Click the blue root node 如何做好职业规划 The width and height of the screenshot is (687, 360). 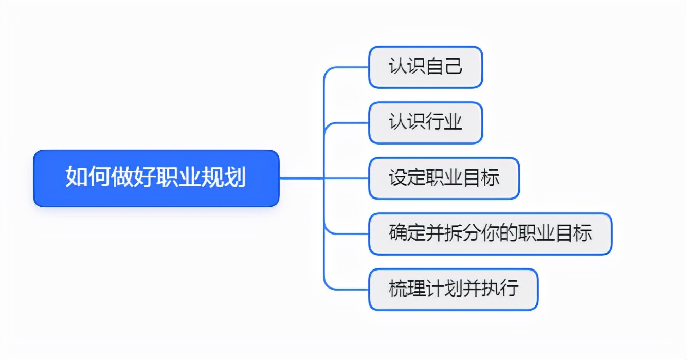[x=156, y=178]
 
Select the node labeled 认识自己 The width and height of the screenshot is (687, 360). [x=426, y=67]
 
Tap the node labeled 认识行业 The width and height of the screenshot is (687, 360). [x=426, y=123]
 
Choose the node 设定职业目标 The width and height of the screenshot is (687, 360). [x=444, y=178]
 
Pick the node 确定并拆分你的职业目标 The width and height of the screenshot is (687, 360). [x=491, y=233]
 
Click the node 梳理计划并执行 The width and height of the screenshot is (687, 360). [x=454, y=289]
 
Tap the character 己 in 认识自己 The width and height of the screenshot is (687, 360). [x=454, y=66]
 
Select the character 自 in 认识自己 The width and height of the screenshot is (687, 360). [x=435, y=66]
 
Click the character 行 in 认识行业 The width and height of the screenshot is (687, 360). [x=435, y=121]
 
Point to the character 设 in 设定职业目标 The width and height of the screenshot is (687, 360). [x=398, y=177]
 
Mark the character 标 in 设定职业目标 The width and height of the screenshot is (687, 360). [x=490, y=177]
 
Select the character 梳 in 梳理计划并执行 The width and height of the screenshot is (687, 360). [x=398, y=288]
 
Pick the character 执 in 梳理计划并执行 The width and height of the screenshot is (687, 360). [x=490, y=288]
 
